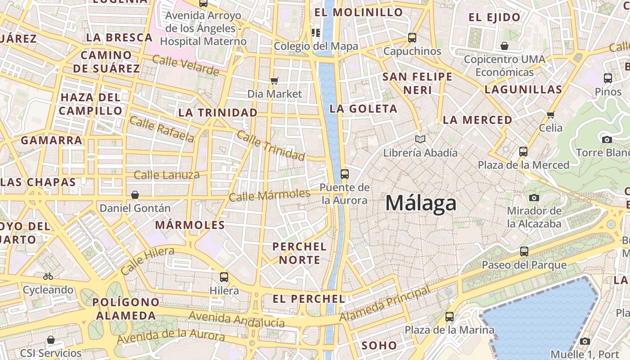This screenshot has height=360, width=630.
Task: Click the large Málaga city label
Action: click(x=421, y=203)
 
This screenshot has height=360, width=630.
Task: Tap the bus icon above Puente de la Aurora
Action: click(x=345, y=174)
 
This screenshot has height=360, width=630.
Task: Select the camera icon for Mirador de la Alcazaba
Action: click(x=534, y=197)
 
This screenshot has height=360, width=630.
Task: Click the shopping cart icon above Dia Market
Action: click(x=274, y=81)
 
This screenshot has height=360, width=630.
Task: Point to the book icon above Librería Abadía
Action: click(x=420, y=139)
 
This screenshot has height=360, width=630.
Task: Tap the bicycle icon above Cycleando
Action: click(x=48, y=276)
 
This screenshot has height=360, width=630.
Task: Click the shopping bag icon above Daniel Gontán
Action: click(x=135, y=195)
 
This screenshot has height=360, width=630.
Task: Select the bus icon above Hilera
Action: click(x=224, y=277)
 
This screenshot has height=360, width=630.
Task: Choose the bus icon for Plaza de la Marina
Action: click(x=450, y=316)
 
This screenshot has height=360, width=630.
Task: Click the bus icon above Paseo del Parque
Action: click(x=524, y=251)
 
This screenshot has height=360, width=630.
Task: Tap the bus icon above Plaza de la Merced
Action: click(x=523, y=151)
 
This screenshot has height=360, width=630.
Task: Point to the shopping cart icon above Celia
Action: click(x=551, y=114)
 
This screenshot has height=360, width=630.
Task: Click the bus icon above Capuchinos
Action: click(x=412, y=37)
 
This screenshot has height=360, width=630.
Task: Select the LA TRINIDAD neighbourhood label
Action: click(x=218, y=112)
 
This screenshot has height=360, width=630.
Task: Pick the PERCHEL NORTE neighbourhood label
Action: click(x=300, y=253)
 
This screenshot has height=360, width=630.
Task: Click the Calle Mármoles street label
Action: click(x=270, y=195)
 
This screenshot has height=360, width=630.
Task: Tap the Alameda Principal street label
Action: click(x=384, y=305)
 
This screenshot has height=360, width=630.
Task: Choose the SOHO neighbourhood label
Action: click(x=379, y=346)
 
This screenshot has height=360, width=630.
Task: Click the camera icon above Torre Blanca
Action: click(x=607, y=139)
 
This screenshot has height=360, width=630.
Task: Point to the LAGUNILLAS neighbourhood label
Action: click(x=523, y=89)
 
